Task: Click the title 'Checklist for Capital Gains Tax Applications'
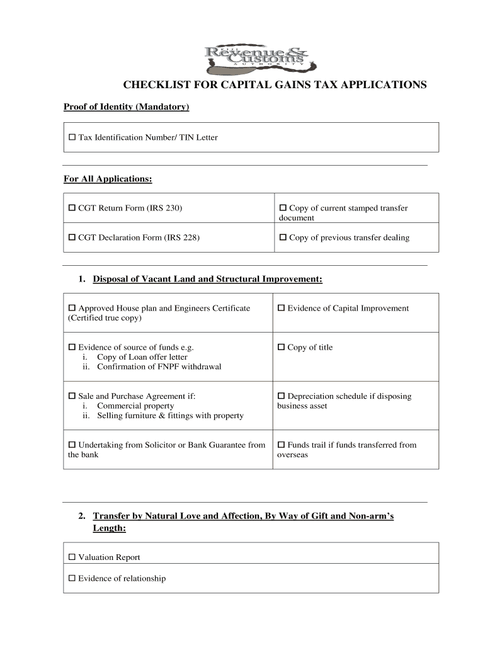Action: [274, 85]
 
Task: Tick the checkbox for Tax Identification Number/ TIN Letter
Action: [72, 137]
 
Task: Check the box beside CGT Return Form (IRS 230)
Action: [72, 208]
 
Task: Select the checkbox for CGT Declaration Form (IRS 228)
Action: [72, 237]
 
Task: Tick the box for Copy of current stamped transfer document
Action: [283, 208]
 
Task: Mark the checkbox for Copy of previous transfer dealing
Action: [283, 237]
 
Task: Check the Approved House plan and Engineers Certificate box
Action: [72, 308]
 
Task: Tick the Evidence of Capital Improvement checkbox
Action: [282, 308]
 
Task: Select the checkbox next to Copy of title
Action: [282, 347]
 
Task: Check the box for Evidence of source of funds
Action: [72, 347]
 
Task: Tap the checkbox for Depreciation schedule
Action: [282, 396]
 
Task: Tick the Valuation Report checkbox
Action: [72, 557]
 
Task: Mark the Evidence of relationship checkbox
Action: [72, 578]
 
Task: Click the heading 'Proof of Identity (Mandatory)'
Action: [126, 107]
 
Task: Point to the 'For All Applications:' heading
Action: [108, 180]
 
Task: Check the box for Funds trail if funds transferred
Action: [282, 445]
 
